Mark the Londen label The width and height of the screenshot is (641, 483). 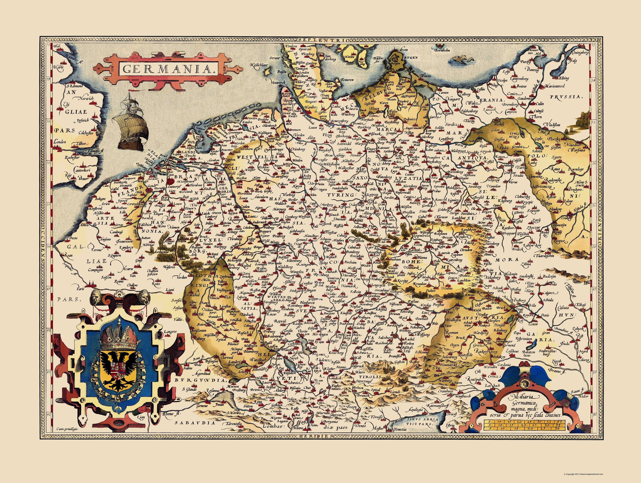tap(60, 142)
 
